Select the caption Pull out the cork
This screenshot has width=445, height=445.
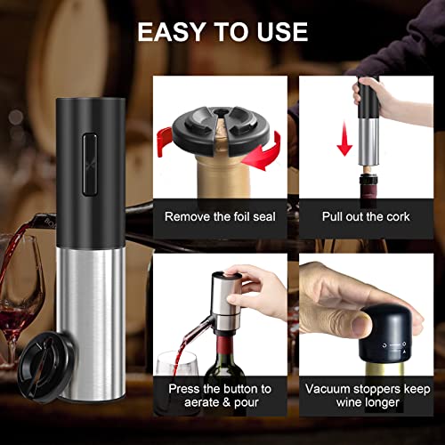366,216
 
